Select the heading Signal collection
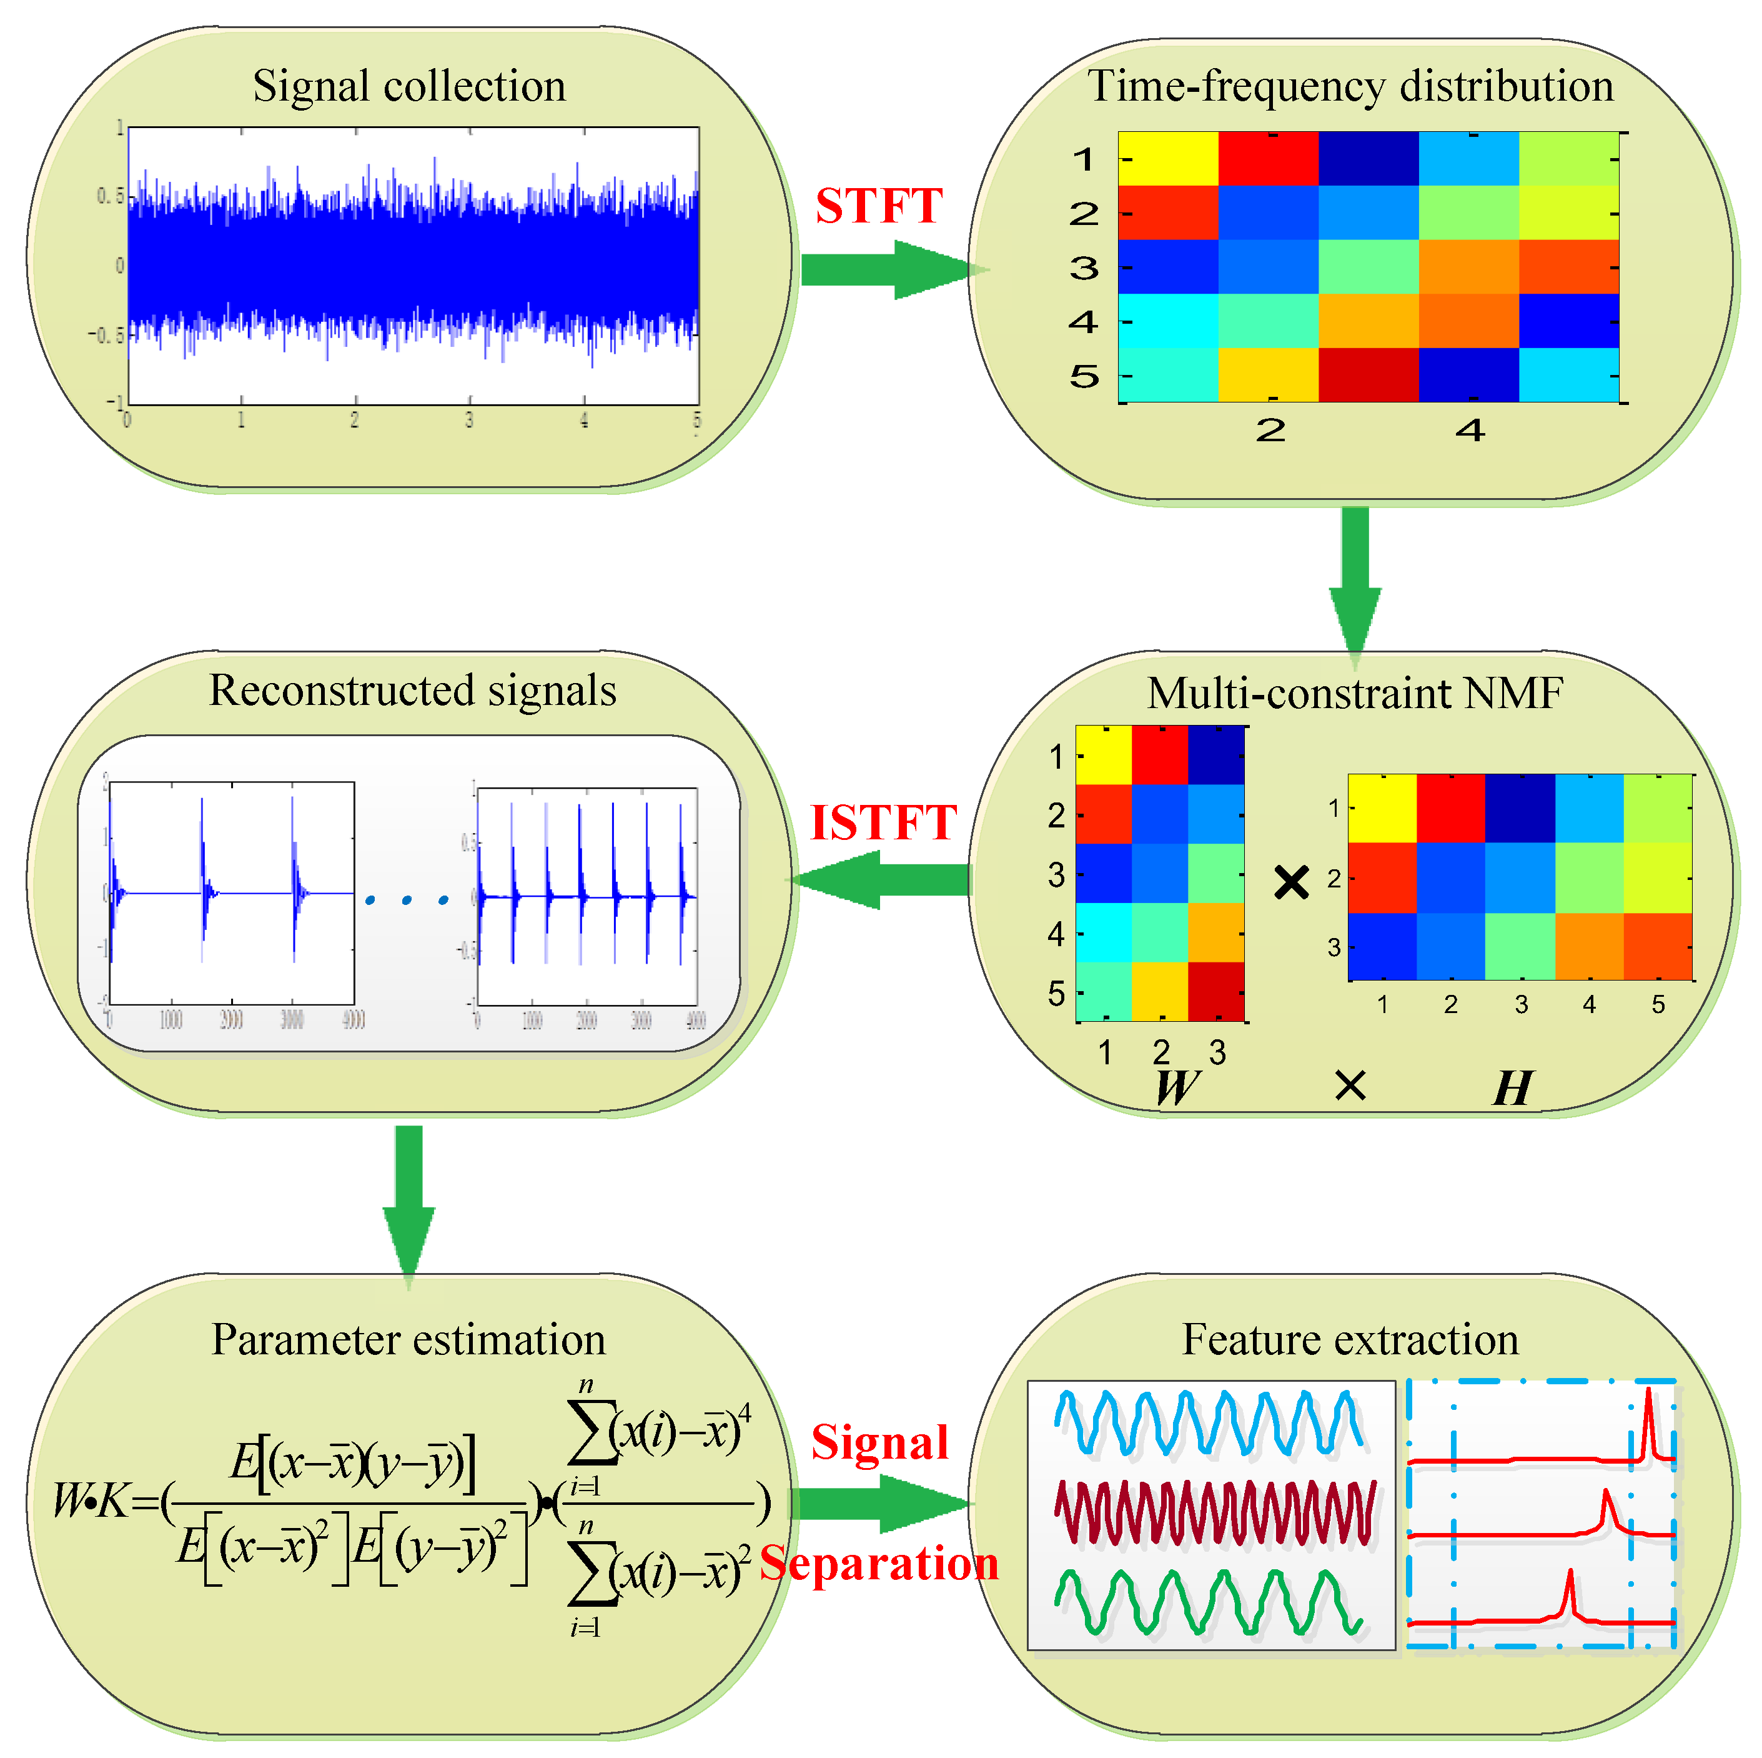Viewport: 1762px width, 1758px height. pos(410,87)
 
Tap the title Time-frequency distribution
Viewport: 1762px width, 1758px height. pos(1350,87)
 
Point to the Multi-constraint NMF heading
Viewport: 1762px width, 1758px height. pos(1355,693)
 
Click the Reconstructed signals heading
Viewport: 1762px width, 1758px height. pos(412,691)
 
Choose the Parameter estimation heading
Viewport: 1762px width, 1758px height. pos(408,1340)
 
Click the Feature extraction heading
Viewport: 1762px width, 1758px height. pos(1350,1340)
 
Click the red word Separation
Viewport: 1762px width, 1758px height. pos(879,1564)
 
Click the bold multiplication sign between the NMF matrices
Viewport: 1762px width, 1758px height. pos(1292,882)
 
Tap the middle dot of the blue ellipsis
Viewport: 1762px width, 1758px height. pos(407,901)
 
